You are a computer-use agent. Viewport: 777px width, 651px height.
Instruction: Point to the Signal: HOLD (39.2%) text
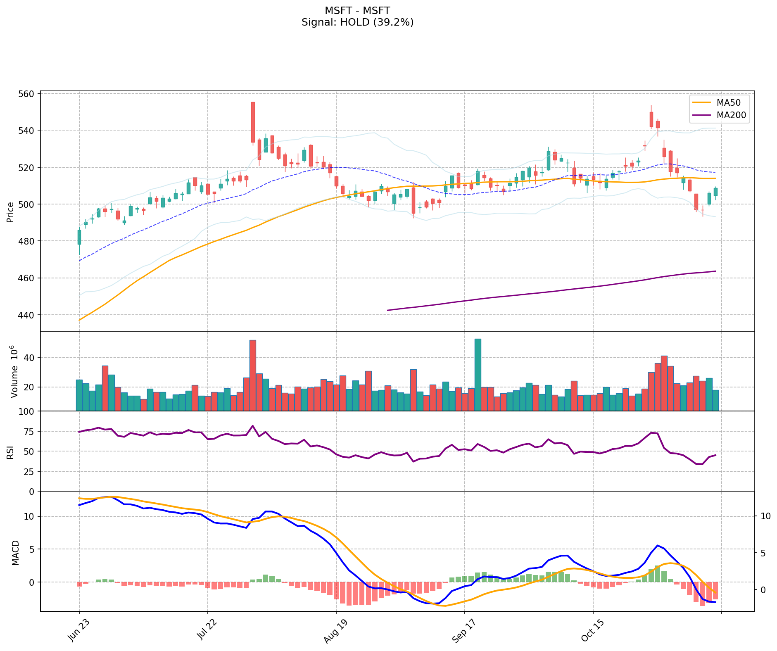pyautogui.click(x=357, y=22)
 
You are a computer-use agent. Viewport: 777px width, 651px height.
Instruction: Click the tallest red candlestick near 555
pyautogui.click(x=253, y=122)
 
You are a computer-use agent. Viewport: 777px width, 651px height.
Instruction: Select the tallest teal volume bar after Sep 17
pyautogui.click(x=478, y=374)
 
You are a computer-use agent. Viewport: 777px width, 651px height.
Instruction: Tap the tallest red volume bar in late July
pyautogui.click(x=253, y=375)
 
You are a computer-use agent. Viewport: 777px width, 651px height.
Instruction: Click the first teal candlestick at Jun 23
pyautogui.click(x=79, y=237)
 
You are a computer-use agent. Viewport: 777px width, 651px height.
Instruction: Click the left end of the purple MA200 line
pyautogui.click(x=387, y=310)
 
